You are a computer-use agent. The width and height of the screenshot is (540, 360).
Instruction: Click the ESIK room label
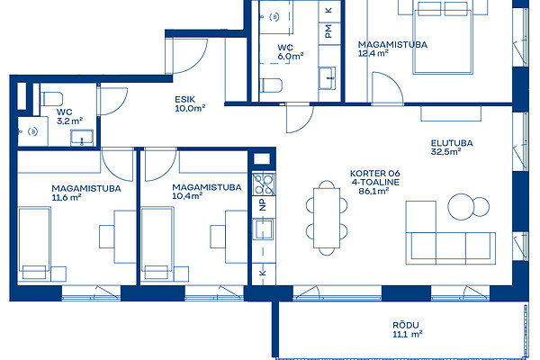pyautogui.click(x=184, y=99)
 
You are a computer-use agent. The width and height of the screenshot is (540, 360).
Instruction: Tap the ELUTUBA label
pyautogui.click(x=452, y=143)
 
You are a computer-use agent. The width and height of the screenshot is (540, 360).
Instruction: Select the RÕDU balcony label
pyautogui.click(x=406, y=325)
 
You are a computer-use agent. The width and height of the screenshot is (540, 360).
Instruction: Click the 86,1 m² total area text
pyautogui.click(x=373, y=191)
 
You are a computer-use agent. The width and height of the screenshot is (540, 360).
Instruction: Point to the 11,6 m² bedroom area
pyautogui.click(x=67, y=197)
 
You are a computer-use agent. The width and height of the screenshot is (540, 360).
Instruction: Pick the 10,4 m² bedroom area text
pyautogui.click(x=187, y=196)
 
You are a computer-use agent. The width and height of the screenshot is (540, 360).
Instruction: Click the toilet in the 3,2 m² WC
pyautogui.click(x=51, y=99)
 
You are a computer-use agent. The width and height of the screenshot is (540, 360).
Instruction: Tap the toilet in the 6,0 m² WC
pyautogui.click(x=271, y=85)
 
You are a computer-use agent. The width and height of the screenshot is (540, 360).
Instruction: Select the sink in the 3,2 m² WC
pyautogui.click(x=82, y=138)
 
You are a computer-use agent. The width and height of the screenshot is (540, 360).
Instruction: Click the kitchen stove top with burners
pyautogui.click(x=264, y=184)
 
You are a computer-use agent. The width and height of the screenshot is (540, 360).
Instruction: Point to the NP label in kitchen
pyautogui.click(x=263, y=205)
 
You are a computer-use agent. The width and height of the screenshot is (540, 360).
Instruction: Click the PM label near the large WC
pyautogui.click(x=328, y=31)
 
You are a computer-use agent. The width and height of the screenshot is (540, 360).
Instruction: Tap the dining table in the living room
pyautogui.click(x=327, y=218)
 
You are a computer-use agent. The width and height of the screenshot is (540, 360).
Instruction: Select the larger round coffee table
pyautogui.click(x=461, y=207)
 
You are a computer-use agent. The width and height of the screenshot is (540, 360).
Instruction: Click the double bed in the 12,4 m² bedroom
pyautogui.click(x=443, y=38)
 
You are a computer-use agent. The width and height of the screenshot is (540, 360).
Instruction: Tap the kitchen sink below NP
pyautogui.click(x=264, y=229)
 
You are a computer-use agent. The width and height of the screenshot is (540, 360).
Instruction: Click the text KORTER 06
pyautogui.click(x=375, y=174)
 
